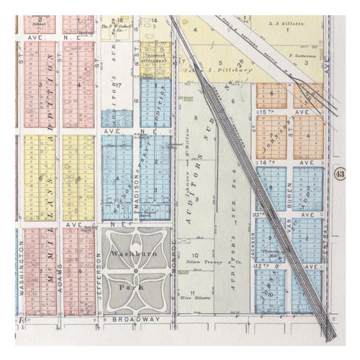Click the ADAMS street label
pos(59,288)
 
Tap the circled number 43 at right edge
pos(339,174)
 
